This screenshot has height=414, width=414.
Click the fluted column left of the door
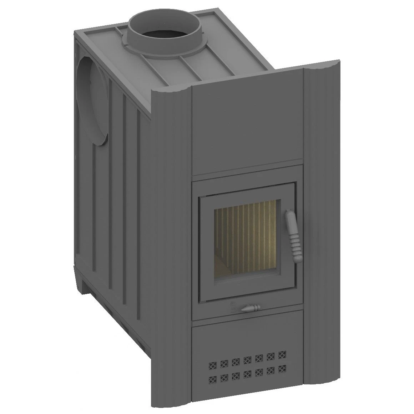click(171, 232)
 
